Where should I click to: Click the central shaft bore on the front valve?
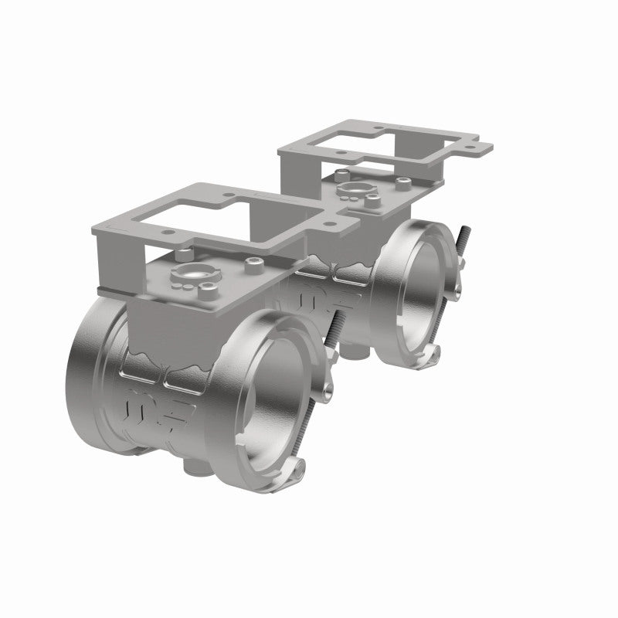coord(192,274)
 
